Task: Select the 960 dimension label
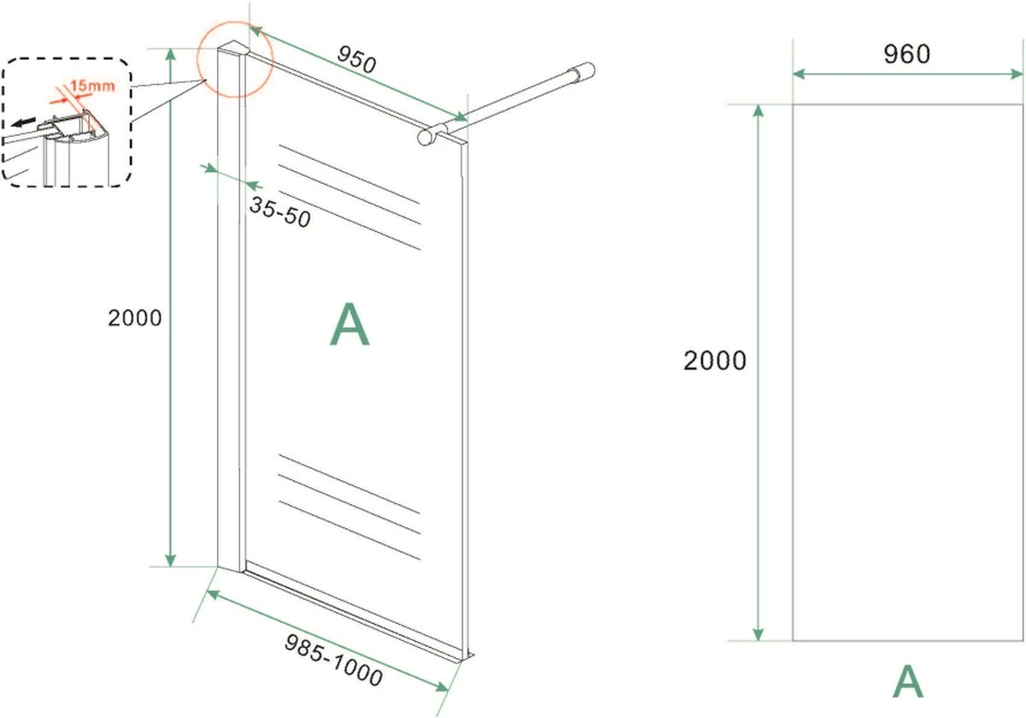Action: click(x=906, y=54)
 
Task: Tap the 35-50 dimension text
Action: click(x=280, y=211)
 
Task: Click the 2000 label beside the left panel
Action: click(x=134, y=317)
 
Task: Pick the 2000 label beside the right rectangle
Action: click(x=715, y=361)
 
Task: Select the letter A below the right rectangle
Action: click(x=908, y=682)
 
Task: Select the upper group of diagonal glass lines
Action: click(x=350, y=196)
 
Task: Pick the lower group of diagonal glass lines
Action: click(x=350, y=506)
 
